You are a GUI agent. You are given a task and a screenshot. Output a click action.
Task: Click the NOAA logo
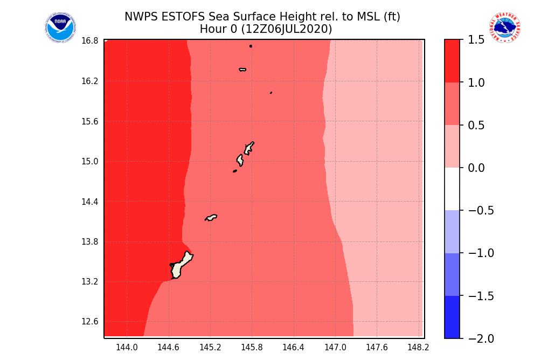[x=60, y=28]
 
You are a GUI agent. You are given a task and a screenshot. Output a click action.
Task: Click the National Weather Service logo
[x=504, y=28]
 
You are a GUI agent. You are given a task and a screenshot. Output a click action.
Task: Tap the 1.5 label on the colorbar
[x=477, y=40]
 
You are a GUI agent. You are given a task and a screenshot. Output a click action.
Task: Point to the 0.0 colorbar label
[x=477, y=168]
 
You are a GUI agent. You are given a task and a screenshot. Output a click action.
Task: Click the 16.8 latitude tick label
[x=90, y=41]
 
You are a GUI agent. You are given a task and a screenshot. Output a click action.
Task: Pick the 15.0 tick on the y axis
[x=90, y=162]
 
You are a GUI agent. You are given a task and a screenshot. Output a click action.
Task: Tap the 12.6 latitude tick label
[x=90, y=322]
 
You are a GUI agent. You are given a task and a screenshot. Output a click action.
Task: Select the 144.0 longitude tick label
[x=127, y=348]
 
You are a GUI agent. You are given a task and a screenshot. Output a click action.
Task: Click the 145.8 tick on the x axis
[x=252, y=348]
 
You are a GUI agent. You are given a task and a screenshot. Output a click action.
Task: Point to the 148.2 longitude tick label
[x=419, y=348]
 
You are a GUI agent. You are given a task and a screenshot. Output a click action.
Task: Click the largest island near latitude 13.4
[x=181, y=266]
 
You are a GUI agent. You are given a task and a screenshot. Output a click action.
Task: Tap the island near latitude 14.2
[x=211, y=218]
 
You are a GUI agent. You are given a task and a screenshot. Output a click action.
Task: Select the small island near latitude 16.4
[x=242, y=70]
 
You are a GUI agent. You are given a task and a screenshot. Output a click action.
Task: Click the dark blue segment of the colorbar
[x=452, y=317]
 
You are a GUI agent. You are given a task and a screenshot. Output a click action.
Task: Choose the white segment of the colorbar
[x=452, y=189]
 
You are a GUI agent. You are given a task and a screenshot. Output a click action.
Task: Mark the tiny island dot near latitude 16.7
[x=251, y=46]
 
